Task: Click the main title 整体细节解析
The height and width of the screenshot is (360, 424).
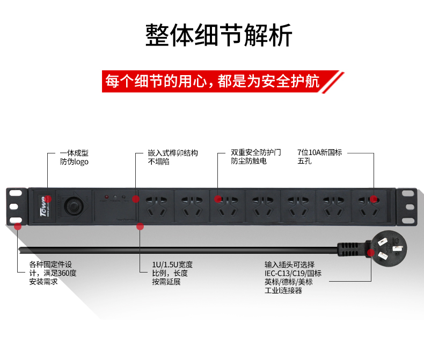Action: click(x=218, y=35)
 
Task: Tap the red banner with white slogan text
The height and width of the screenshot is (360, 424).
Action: click(x=222, y=82)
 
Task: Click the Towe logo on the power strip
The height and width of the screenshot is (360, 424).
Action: click(x=45, y=206)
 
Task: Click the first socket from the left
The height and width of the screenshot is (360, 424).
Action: click(x=156, y=207)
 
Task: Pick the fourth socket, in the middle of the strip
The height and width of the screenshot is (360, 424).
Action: click(x=262, y=207)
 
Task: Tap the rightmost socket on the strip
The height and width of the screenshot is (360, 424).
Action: click(x=369, y=207)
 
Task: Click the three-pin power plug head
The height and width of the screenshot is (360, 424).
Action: click(x=386, y=248)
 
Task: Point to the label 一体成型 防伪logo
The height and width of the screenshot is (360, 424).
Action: click(x=74, y=157)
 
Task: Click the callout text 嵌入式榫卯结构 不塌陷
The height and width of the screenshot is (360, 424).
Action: click(x=173, y=157)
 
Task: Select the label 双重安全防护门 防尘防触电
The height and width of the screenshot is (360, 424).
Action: click(x=256, y=157)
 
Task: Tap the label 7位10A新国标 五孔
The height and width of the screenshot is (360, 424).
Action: click(x=320, y=157)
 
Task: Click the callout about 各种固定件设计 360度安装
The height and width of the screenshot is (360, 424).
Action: click(x=53, y=273)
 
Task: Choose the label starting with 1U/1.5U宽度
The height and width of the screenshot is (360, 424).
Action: click(x=172, y=273)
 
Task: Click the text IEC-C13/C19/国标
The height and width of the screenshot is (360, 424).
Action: click(x=293, y=273)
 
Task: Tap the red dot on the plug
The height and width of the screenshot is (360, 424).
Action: click(x=371, y=253)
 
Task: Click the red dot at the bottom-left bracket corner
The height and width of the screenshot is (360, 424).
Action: click(x=18, y=226)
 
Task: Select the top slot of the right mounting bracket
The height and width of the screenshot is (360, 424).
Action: click(x=408, y=193)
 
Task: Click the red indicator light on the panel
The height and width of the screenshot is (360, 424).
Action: click(x=107, y=197)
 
